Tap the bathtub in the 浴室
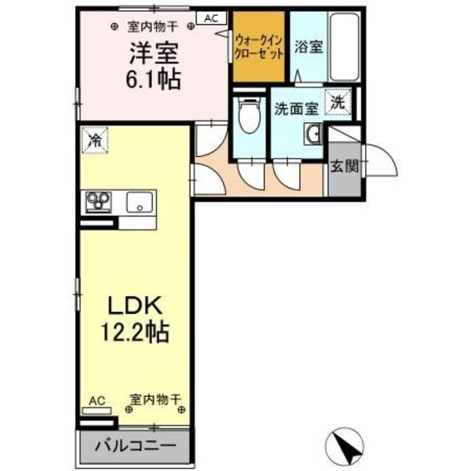pos(343,48)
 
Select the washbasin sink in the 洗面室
pos(314,134)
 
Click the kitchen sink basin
pos(139,202)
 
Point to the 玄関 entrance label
pos(344,166)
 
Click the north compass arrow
pos(345,443)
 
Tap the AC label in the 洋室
pos(210,20)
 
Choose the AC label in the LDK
pos(97,400)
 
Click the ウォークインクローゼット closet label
pos(259,47)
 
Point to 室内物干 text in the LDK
pos(155,400)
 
